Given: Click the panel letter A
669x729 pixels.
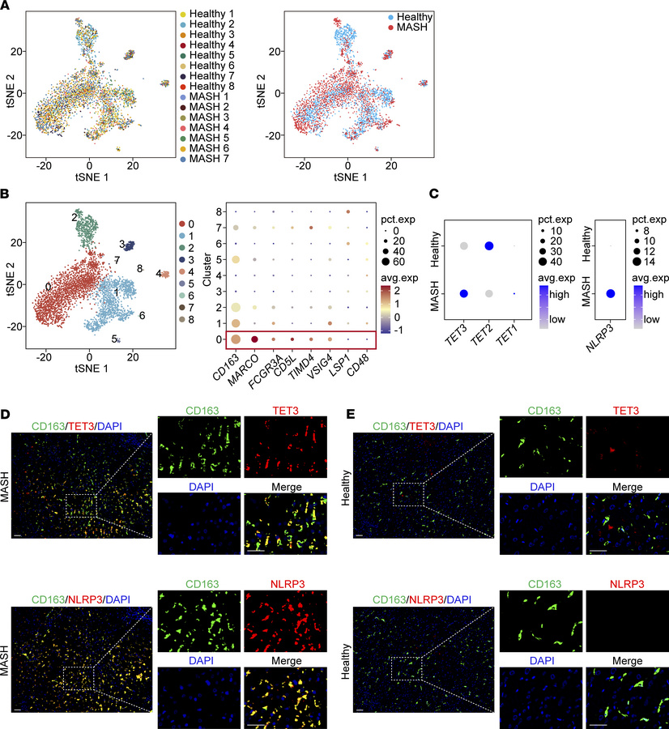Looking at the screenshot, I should (x=6, y=6).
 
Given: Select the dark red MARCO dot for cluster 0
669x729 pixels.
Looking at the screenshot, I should (x=255, y=339).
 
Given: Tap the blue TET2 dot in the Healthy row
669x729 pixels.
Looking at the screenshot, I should (x=488, y=246).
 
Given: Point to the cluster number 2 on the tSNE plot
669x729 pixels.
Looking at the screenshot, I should (x=74, y=217).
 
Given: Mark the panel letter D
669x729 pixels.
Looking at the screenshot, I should (x=6, y=413).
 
